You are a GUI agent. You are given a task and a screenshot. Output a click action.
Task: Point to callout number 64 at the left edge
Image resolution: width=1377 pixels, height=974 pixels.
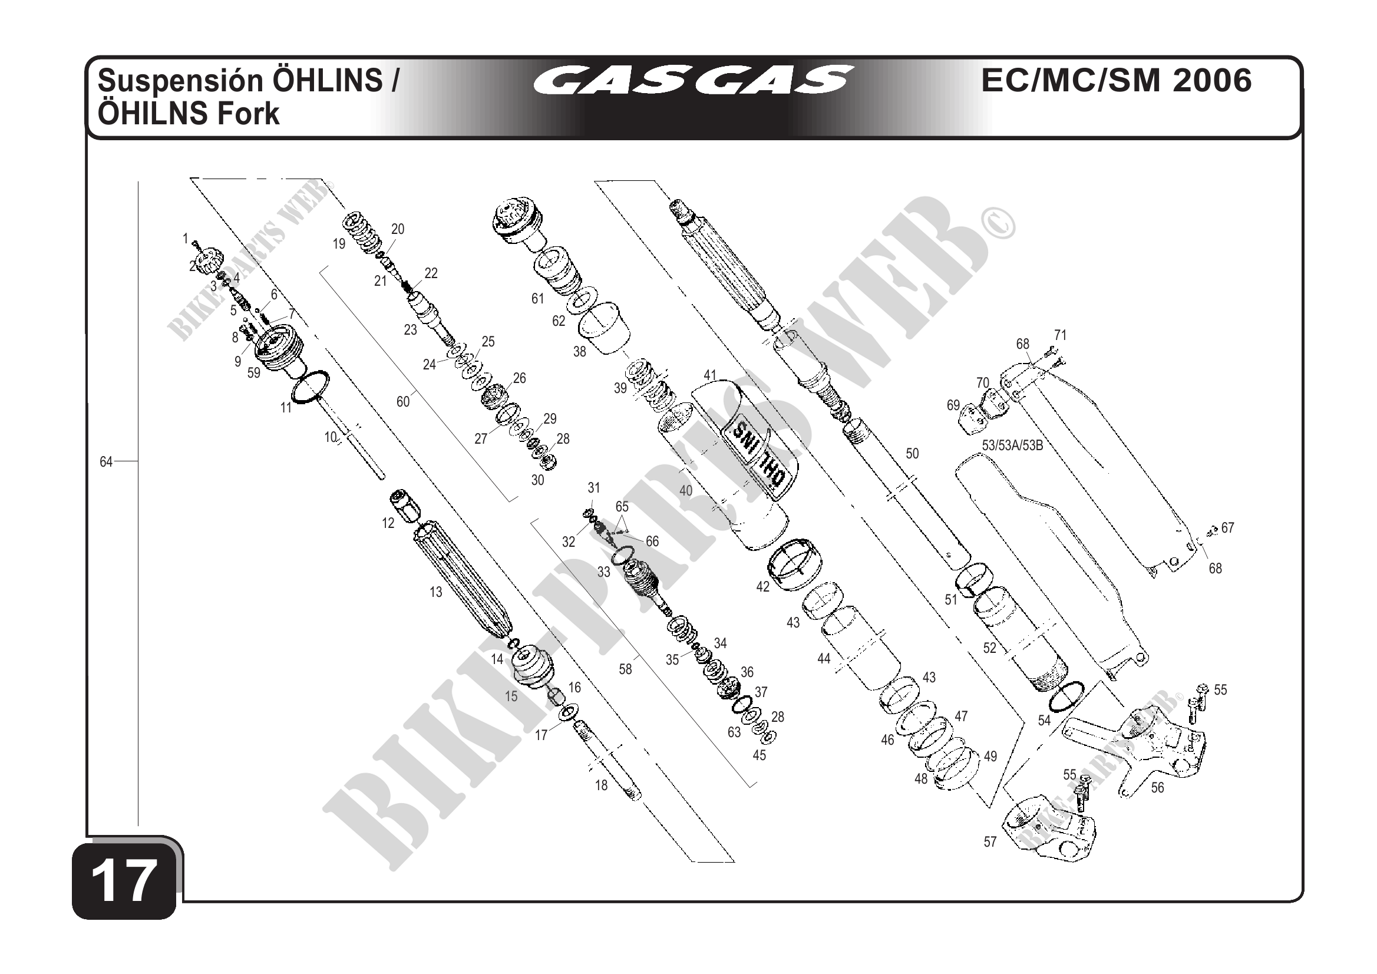106,462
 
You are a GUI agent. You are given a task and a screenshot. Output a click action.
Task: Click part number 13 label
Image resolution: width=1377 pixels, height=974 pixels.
436,592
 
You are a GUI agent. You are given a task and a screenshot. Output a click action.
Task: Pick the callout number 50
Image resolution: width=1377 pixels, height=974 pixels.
912,454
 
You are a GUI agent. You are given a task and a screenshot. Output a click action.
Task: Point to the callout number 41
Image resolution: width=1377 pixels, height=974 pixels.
710,375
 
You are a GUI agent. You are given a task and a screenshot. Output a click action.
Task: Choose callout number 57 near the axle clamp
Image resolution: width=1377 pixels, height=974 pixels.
990,842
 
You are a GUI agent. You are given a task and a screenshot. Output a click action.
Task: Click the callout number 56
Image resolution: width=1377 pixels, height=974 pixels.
1157,787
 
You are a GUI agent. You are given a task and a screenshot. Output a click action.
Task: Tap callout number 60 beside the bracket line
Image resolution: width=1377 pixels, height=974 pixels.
403,401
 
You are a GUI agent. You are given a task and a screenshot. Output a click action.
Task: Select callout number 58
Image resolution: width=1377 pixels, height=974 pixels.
626,669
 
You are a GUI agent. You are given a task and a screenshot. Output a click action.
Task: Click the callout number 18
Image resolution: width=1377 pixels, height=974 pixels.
602,785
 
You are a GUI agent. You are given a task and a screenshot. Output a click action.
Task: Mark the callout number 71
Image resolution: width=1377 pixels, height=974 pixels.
1061,335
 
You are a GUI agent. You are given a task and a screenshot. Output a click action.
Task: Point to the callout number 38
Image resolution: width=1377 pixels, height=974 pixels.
579,351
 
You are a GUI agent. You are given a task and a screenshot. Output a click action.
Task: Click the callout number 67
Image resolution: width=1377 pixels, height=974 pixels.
1228,527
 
